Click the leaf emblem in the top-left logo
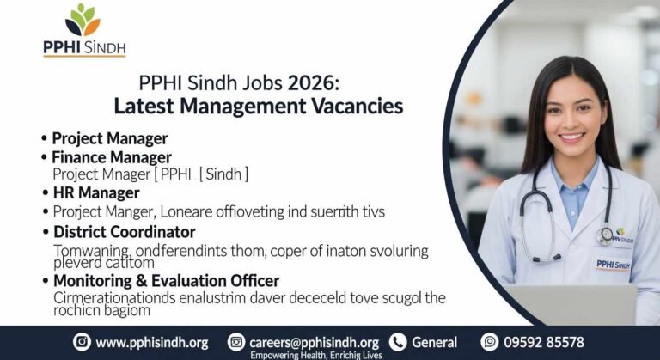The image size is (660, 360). coord(83,21)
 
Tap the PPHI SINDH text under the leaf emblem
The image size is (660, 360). coord(84,47)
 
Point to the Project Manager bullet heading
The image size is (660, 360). coord(109,138)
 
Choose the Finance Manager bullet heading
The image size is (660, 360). coord(112,157)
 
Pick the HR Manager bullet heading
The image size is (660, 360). coord(96,192)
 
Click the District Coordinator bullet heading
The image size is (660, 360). coord(124,232)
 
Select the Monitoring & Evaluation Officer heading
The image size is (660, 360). coord(166,280)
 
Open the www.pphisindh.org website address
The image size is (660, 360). coord(151,342)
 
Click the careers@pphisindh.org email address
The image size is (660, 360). coord(314,342)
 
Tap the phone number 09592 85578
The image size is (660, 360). coord(545,342)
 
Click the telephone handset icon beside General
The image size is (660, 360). coord(397,342)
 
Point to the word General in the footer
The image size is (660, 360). coord(434,342)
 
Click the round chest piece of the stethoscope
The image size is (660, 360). coord(606,235)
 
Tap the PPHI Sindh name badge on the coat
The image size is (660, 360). coord(614,264)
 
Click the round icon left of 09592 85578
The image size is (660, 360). coord(490,342)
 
